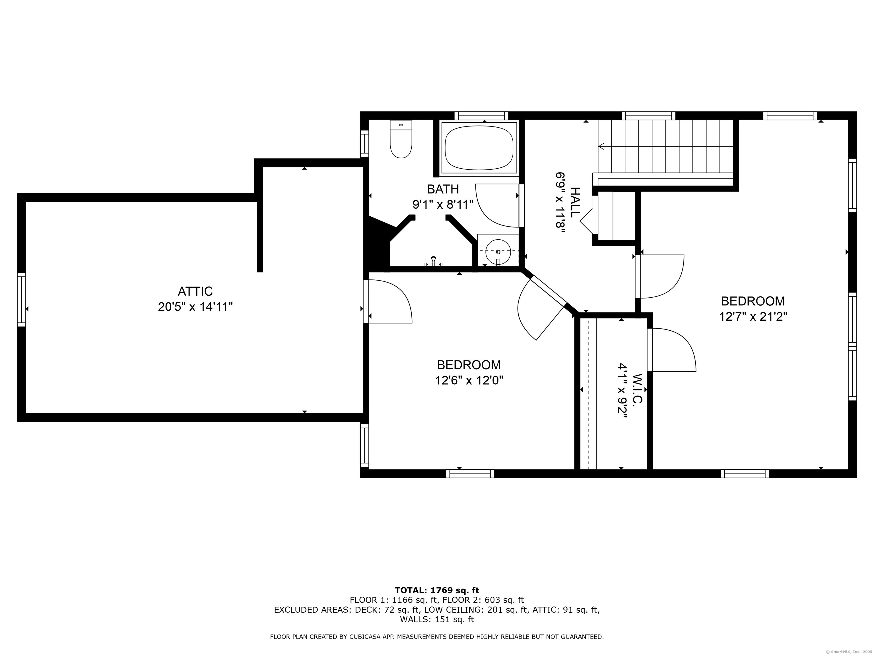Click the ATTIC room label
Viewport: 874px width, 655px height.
(x=195, y=291)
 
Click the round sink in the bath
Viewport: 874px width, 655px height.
(x=498, y=252)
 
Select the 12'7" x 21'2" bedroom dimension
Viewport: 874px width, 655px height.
(x=753, y=317)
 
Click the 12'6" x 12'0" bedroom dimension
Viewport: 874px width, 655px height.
(x=469, y=380)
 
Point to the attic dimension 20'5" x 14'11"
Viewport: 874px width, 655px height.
(x=195, y=307)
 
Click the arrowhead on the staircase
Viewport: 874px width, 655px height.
(x=601, y=146)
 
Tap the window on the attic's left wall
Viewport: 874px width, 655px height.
(x=21, y=300)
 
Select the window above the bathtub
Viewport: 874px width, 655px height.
(x=481, y=116)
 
